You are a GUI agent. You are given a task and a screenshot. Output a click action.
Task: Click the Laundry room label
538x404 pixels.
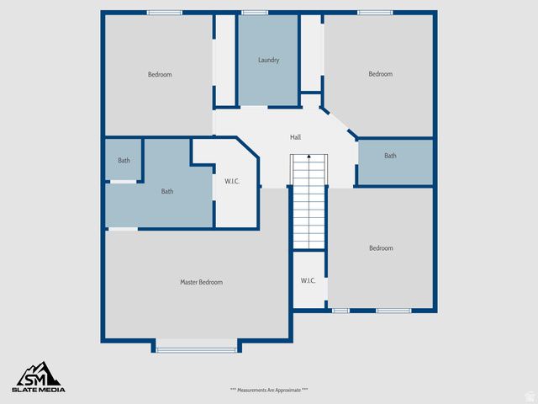coord(268,61)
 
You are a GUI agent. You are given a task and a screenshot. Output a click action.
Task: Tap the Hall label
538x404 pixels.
coord(295,137)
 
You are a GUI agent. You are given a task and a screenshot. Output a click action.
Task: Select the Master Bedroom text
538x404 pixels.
coord(201,282)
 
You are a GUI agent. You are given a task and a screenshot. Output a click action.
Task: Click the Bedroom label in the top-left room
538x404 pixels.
coord(160,75)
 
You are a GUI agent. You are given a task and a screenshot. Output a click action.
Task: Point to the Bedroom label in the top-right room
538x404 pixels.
coord(380,74)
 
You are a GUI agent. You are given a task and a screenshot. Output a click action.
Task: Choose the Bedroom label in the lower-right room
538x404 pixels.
coord(380,248)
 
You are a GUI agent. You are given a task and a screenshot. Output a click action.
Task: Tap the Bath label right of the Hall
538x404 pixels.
coord(390,156)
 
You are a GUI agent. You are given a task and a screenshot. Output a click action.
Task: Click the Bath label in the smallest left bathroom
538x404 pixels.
coord(124,161)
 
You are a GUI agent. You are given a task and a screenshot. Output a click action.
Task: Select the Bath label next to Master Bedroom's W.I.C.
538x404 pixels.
coord(167,192)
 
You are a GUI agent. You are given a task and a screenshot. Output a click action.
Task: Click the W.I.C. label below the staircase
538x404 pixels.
coord(308,280)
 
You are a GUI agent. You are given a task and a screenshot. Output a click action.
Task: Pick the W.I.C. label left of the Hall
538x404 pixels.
coord(232,182)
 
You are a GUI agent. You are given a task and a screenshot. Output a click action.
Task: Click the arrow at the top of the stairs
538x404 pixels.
coord(309,157)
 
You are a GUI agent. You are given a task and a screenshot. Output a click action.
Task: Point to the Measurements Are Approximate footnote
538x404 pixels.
coord(269,390)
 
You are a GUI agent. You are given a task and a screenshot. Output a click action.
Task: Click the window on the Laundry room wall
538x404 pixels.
coord(254,13)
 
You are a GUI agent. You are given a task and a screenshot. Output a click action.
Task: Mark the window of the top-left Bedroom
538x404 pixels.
coord(164,13)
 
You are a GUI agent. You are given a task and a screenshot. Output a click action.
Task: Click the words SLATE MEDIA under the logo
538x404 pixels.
coord(39,390)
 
